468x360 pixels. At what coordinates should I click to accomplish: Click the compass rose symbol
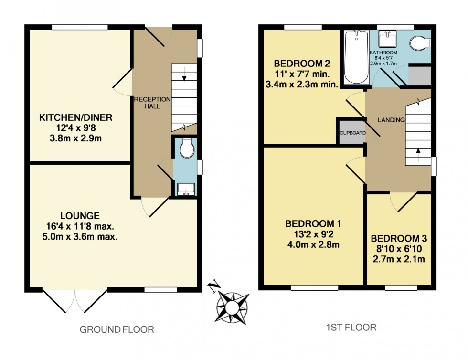(x=233, y=307)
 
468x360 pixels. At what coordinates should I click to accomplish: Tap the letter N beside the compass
(x=213, y=287)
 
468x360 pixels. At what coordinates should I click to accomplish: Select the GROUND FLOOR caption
(x=117, y=329)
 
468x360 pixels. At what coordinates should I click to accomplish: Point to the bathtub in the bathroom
(x=354, y=57)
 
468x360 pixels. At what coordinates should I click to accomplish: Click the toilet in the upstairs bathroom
(x=420, y=42)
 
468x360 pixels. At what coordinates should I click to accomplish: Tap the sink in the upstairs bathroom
(x=385, y=37)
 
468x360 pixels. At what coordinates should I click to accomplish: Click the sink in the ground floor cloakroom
(x=184, y=189)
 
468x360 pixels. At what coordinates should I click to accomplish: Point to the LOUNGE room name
(x=80, y=215)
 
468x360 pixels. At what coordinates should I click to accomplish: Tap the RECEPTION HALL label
(x=151, y=103)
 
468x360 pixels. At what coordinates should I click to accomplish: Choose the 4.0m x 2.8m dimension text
(x=313, y=244)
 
